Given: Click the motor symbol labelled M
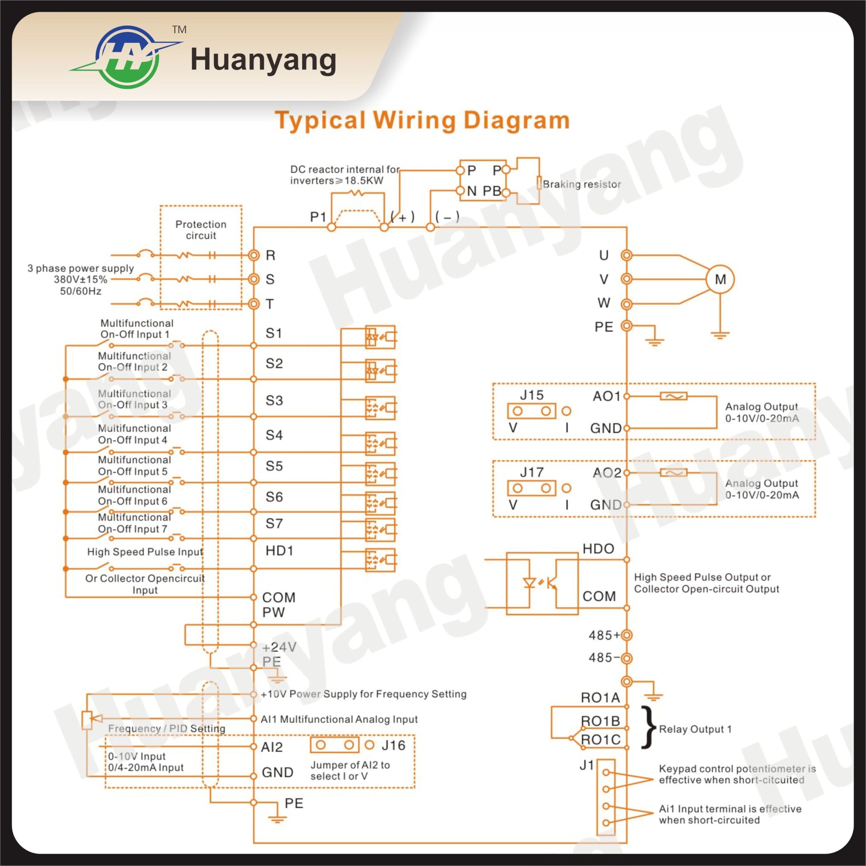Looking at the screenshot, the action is [720, 279].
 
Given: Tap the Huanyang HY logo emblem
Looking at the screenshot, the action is [127, 57].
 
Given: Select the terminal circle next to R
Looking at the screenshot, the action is [254, 255].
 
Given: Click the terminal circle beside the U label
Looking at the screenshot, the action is [627, 255].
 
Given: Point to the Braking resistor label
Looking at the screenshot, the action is [582, 184].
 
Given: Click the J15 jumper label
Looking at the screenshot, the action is [532, 395].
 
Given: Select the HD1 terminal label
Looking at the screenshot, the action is [279, 550].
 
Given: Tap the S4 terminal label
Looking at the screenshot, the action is [274, 435].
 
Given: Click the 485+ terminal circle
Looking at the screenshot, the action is [627, 635].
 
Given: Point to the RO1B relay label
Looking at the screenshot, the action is [600, 721].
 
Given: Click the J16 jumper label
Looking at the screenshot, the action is [393, 745].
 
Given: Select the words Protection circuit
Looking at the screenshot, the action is [201, 230].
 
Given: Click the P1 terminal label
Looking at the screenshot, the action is [318, 217].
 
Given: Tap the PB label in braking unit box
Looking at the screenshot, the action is [492, 191].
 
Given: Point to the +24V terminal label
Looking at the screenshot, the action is [279, 647].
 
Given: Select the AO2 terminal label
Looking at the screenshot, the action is [607, 473].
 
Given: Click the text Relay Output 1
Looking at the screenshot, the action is [695, 729].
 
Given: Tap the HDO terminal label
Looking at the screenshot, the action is [599, 549].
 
